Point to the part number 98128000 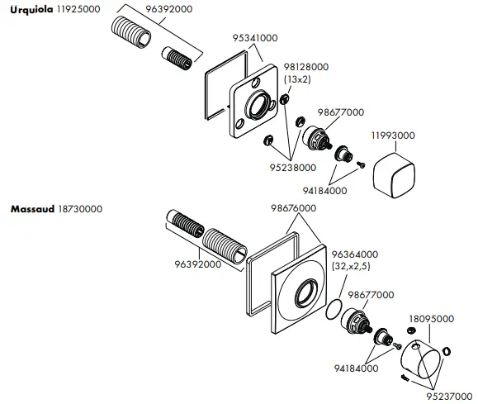click(306, 67)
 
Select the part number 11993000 click(392, 135)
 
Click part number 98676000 click(293, 209)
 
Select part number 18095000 click(431, 318)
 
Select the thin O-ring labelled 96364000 click(334, 311)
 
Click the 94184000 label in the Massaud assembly click(357, 368)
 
